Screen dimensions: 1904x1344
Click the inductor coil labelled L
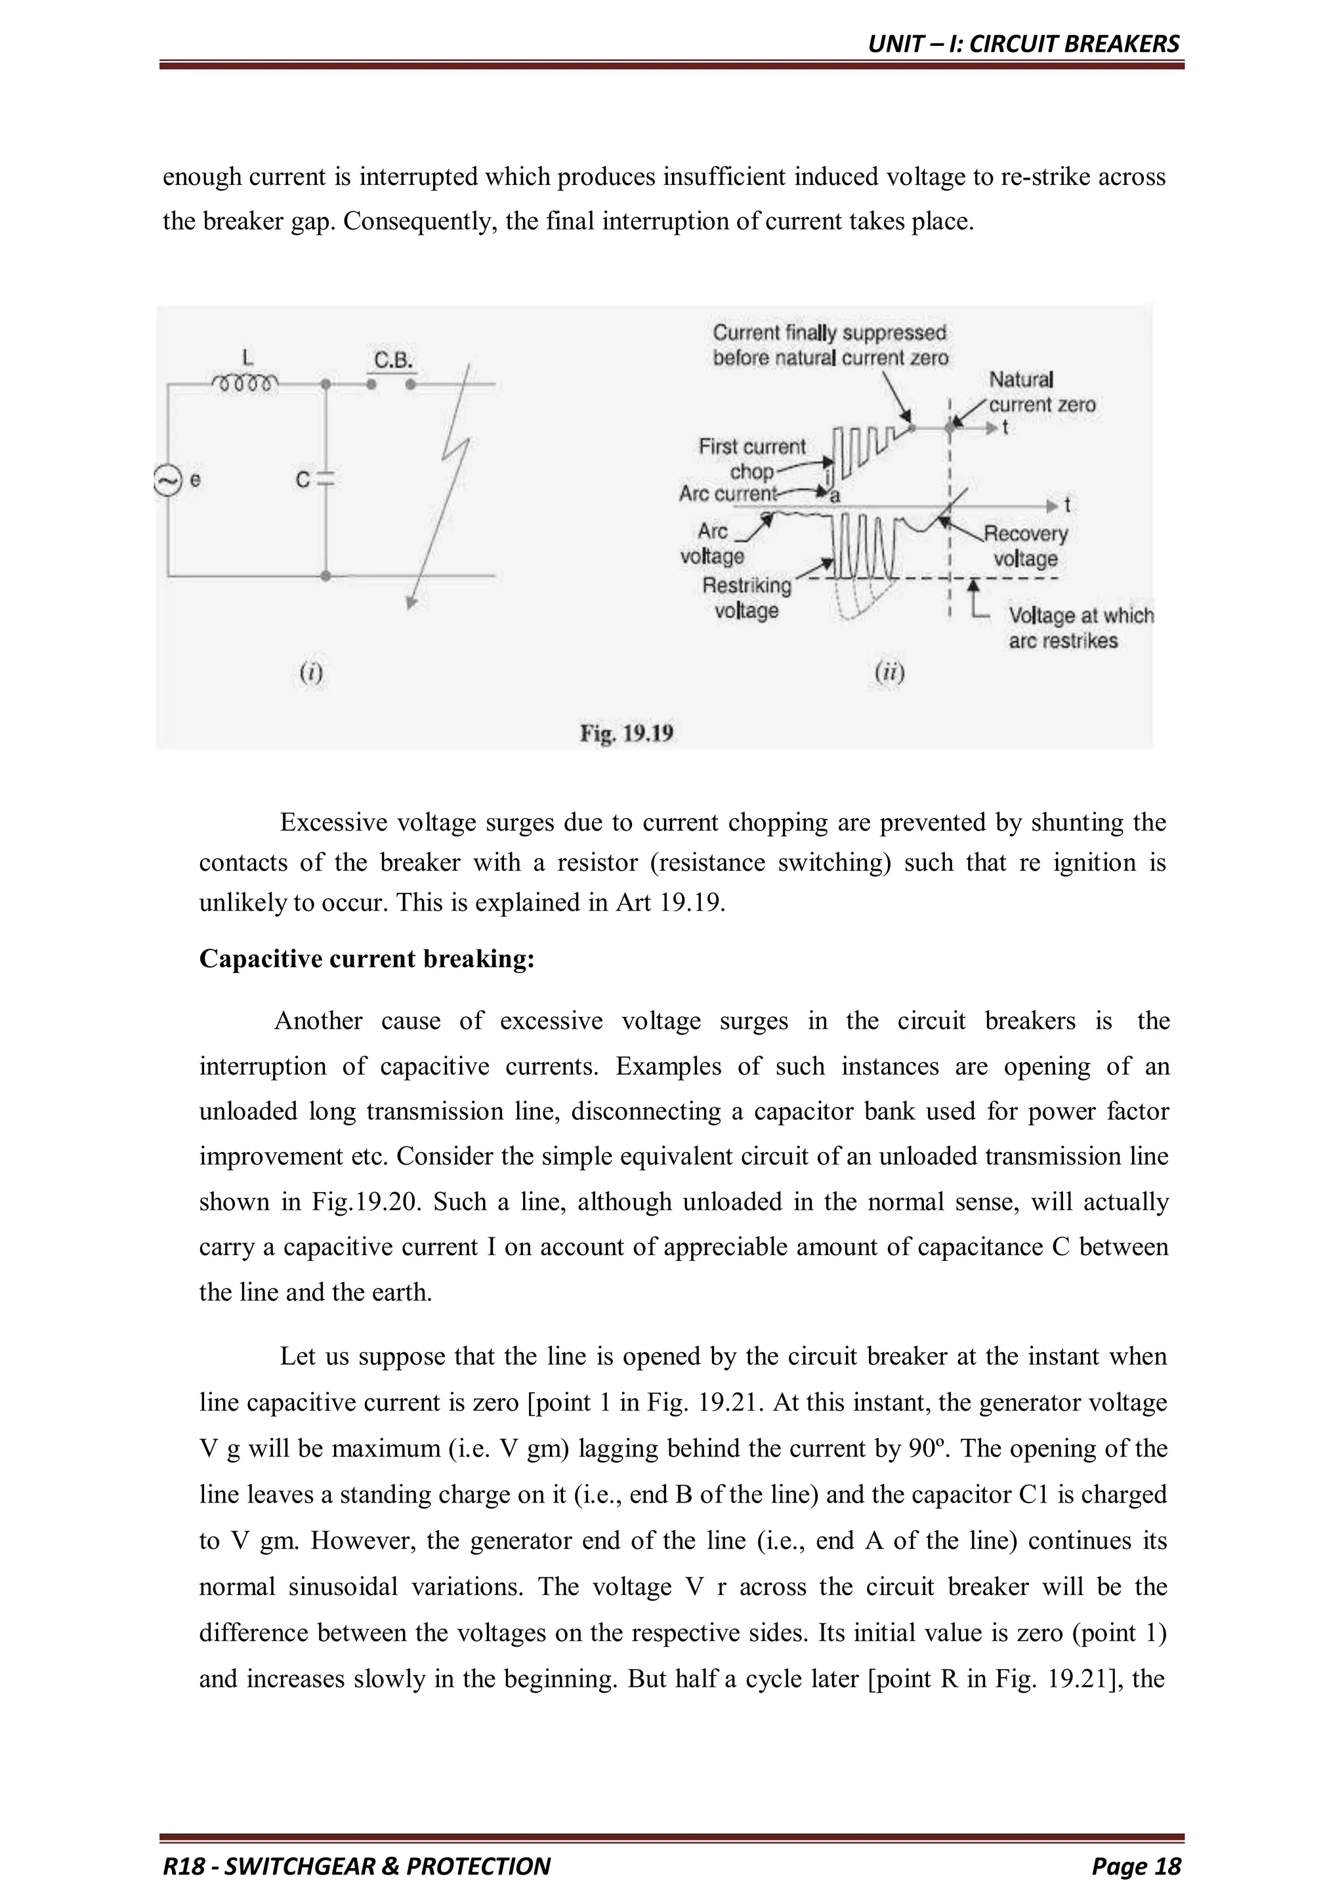[245, 383]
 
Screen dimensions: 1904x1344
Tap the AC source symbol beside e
[167, 481]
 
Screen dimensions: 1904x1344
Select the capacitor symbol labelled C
[326, 480]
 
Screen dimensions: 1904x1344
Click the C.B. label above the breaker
[393, 361]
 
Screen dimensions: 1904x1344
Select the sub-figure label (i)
[311, 672]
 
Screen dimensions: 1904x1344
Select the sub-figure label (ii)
[889, 672]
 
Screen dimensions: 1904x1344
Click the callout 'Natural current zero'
[1041, 392]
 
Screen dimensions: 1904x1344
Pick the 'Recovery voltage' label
[1026, 546]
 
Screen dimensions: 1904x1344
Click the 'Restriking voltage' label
[747, 598]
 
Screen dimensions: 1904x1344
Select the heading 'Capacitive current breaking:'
[367, 959]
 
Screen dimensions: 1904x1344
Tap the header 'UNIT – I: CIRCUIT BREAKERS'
[1023, 44]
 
